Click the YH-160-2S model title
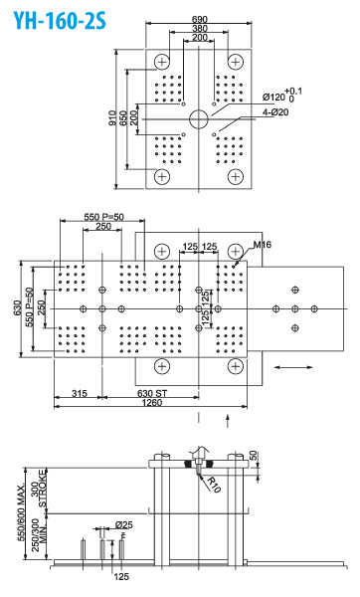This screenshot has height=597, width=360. [60, 21]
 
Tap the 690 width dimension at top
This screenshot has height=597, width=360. [199, 19]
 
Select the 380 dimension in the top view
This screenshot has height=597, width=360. [200, 28]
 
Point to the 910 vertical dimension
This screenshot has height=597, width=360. [112, 118]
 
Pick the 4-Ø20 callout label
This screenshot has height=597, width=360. [275, 112]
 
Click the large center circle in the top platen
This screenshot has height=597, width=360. [199, 119]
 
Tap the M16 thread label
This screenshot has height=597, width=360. [263, 245]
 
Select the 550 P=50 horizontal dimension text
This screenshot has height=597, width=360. [103, 217]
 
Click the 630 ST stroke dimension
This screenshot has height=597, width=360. [152, 393]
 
